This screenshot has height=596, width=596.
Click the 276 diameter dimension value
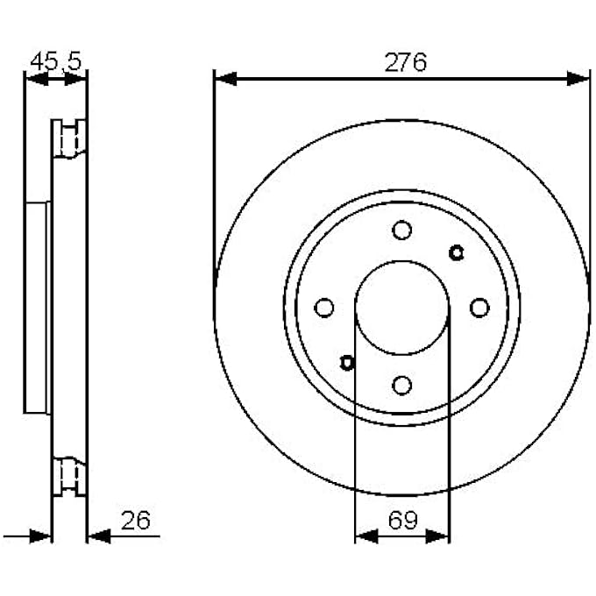click(x=405, y=62)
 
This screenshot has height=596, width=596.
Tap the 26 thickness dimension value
click(x=135, y=521)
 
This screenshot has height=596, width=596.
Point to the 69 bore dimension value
click(x=402, y=520)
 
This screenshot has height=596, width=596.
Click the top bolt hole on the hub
click(x=401, y=230)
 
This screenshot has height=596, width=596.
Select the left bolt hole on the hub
click(x=324, y=308)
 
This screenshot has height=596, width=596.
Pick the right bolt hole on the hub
click(x=479, y=308)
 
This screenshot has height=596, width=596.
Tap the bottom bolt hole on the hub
click(x=401, y=386)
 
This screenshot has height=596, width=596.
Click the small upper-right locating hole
click(x=456, y=252)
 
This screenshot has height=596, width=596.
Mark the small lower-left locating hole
click(x=347, y=363)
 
